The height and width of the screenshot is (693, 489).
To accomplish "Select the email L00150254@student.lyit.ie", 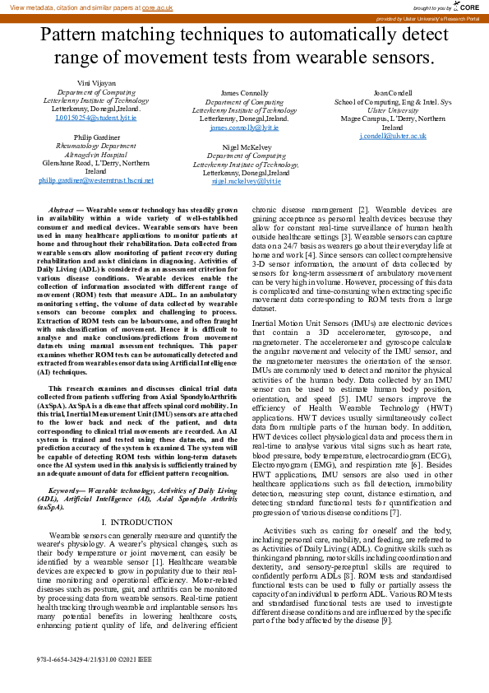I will pos(96,118).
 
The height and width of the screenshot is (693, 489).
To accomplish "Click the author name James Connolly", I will pos(244,93).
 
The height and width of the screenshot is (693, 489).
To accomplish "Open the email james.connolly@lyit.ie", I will pos(244,128).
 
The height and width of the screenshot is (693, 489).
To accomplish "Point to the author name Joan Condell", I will pos(392,93).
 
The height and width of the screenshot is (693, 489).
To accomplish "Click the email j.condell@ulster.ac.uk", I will pos(393,136).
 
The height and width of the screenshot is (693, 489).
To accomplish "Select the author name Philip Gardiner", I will pos(96,137).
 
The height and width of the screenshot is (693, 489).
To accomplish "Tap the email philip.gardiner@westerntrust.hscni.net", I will pos(96,179).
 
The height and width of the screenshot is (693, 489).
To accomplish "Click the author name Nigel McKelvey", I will pos(246,146).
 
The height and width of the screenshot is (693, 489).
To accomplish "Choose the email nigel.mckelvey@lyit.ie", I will pos(246,180).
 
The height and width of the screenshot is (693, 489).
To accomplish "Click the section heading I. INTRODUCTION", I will pos(136,500).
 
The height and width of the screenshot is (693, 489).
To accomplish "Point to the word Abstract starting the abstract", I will pos(62,211).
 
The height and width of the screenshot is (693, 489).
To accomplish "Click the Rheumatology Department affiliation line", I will pos(96,146).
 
